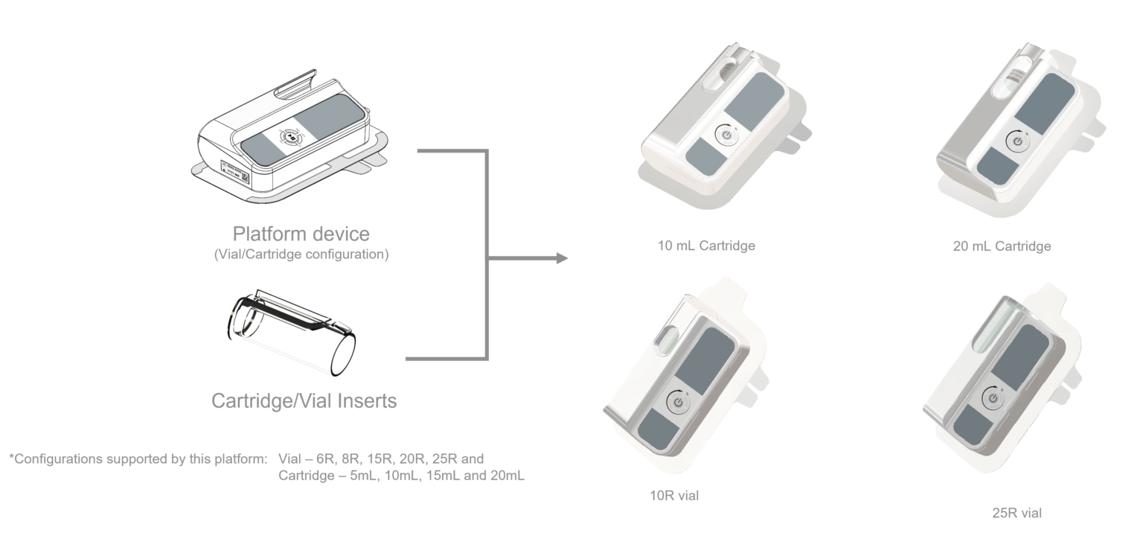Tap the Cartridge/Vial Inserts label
click(x=304, y=401)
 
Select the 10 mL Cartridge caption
click(x=706, y=245)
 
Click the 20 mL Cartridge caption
click(x=1002, y=246)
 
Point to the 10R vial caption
click(x=674, y=496)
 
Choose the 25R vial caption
click(x=1016, y=513)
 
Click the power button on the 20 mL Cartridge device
click(x=1016, y=140)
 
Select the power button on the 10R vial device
click(x=677, y=402)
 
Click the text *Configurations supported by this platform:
click(x=138, y=458)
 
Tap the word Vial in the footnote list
click(x=289, y=458)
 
